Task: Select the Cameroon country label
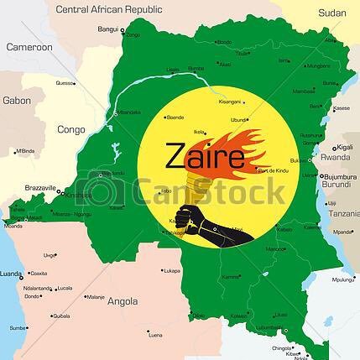point(29,47)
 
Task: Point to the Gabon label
point(17,100)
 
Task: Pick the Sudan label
point(331,13)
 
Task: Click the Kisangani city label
point(229,102)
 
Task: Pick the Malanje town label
point(96,296)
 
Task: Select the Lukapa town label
point(172,271)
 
